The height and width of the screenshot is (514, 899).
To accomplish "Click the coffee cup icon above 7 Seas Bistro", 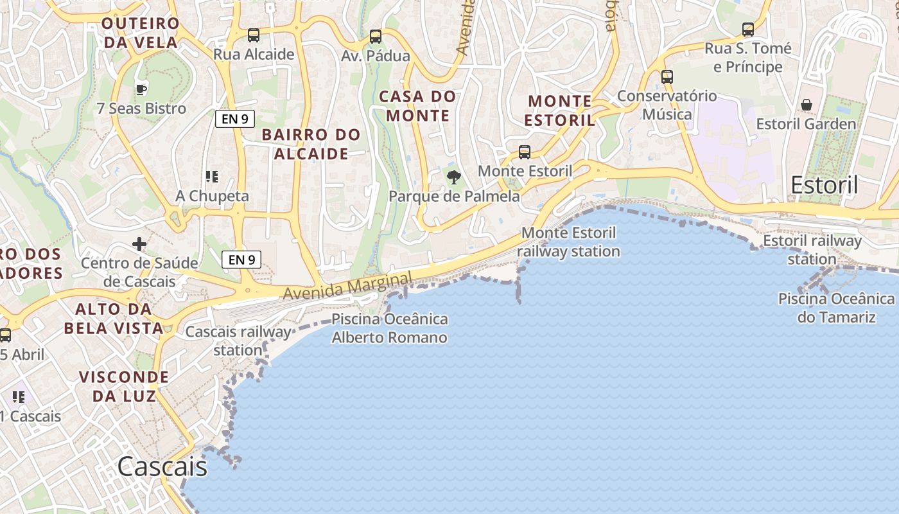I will pos(141,89).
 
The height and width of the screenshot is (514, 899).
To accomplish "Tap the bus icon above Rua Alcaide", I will pos(254,35).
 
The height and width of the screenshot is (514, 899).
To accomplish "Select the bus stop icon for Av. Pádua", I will pos(376,37).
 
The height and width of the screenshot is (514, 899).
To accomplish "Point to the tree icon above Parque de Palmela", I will pos(454,177).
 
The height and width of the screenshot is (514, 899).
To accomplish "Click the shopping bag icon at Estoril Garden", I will pos(807,105).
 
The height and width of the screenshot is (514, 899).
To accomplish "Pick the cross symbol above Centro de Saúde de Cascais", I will pos(139,244).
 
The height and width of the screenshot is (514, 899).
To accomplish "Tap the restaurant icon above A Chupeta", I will pos(212,177).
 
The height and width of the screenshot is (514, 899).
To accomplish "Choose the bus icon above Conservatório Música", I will pos(667,77).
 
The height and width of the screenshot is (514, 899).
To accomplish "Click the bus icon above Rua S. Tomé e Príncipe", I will pos(748,30).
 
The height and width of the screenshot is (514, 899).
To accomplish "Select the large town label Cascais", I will pos(162,467).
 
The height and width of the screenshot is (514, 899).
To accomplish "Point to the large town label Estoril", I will pos(824,185).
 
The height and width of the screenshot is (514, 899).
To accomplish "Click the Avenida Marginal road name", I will pos(347,286).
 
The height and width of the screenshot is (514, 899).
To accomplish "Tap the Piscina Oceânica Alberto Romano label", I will pos(390,328).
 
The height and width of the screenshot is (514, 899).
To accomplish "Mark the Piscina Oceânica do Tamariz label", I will pos(836,308).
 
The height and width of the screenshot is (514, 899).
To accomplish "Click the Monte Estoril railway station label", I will pos(568,242).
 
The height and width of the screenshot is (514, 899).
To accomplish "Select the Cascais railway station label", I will pos(238,341).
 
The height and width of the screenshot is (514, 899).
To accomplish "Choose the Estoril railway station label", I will pos(812,250).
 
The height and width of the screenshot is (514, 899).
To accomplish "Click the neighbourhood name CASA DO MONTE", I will pos(417,106).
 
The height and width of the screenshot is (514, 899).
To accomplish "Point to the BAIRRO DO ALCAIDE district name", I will pos(311,144).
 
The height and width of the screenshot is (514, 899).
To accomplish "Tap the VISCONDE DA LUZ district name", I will pos(124,386).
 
